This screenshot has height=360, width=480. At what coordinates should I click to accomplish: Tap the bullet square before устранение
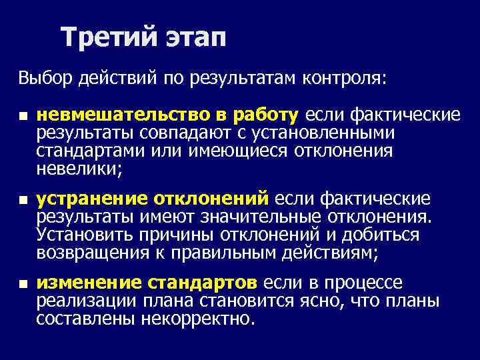(22, 200)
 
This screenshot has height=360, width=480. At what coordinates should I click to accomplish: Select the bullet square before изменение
(22, 284)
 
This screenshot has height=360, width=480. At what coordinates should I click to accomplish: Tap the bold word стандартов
(207, 283)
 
